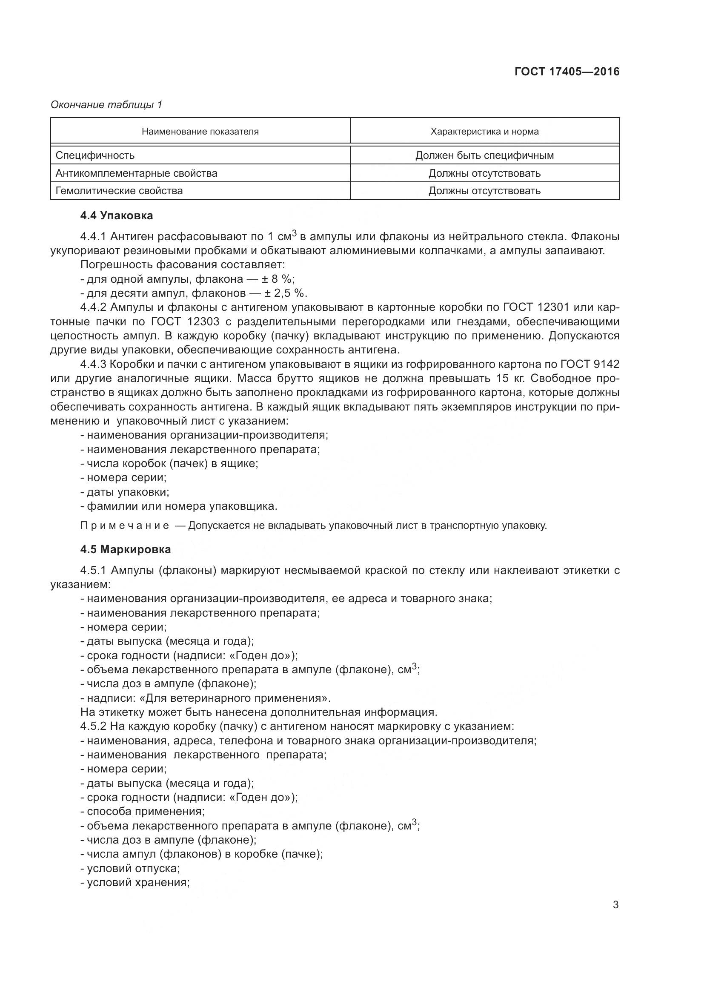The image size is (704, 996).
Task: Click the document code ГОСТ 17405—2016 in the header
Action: click(567, 72)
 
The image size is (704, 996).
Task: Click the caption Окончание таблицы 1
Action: click(106, 105)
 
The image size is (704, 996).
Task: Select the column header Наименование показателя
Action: click(200, 132)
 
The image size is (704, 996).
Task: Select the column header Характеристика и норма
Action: click(484, 132)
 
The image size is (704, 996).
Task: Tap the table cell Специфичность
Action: click(95, 155)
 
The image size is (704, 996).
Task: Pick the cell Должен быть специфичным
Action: click(484, 155)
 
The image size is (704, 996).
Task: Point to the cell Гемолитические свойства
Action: click(119, 191)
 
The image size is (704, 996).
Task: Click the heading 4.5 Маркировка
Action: click(125, 549)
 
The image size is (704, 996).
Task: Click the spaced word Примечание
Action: click(125, 526)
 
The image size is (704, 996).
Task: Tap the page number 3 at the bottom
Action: click(615, 905)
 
